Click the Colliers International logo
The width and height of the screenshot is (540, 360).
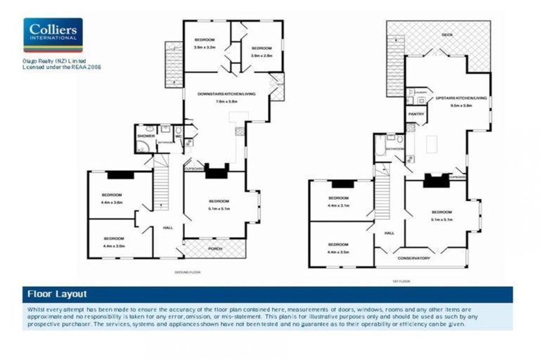coord(53,34)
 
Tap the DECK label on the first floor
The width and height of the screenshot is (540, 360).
coord(446,34)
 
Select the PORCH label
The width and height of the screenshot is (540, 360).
coord(215,249)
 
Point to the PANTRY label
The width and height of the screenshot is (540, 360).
coord(416,112)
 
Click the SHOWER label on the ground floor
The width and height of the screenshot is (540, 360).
coord(146,136)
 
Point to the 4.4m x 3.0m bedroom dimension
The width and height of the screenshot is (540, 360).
coord(112,246)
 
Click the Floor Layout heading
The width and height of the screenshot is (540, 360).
coord(57,294)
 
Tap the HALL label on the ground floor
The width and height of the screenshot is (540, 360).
coord(168,228)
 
